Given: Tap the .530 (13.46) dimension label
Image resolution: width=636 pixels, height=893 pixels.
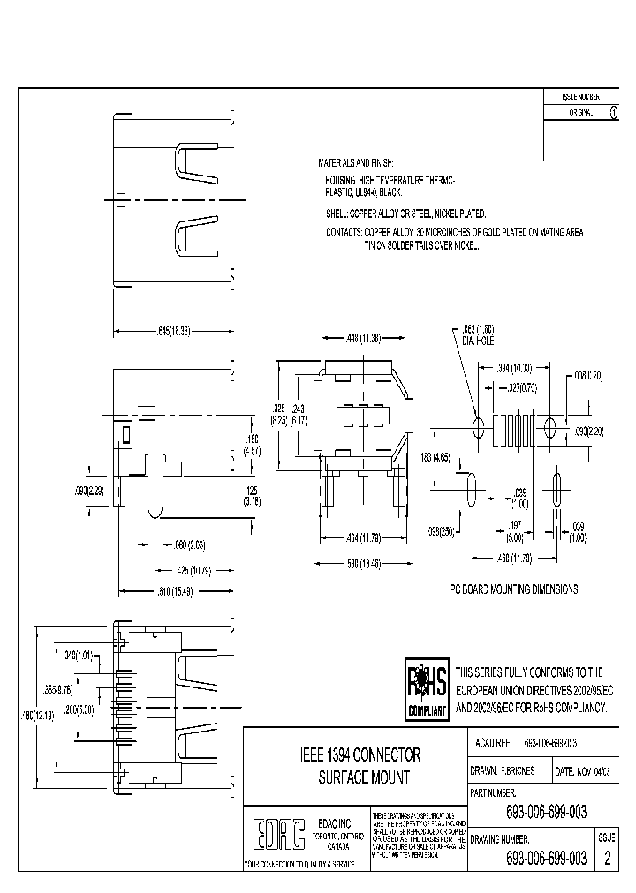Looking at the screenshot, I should (x=363, y=563).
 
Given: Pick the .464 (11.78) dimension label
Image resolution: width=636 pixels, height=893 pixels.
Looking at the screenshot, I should (x=363, y=537).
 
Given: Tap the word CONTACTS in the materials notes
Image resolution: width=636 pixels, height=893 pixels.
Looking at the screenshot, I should (x=344, y=232).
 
